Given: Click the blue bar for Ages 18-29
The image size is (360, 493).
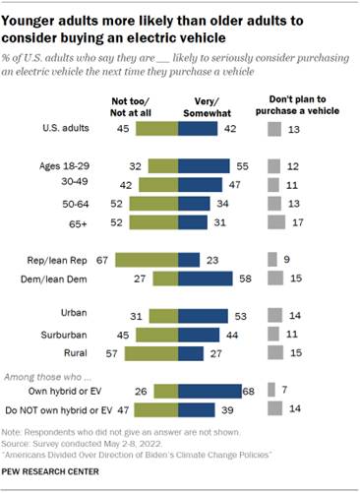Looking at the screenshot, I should pyautogui.click(x=203, y=166).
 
